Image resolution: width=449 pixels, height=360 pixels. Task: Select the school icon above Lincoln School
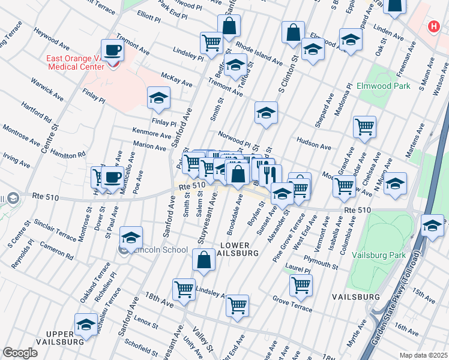pyautogui.click(x=131, y=237)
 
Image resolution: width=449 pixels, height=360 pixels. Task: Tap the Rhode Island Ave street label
pyautogui.click(x=259, y=53)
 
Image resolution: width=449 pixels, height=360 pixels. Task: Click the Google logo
pyautogui.click(x=19, y=352)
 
